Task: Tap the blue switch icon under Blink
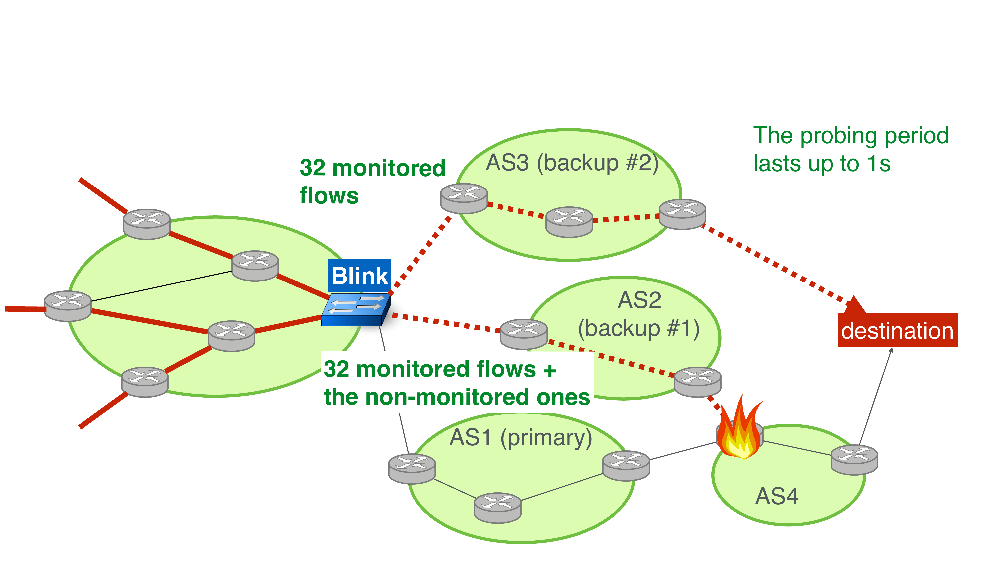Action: [x=355, y=309]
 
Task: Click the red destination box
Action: [x=897, y=330]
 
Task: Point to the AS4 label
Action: [x=776, y=496]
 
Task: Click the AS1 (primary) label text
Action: [x=521, y=438]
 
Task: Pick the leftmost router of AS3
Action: [x=464, y=198]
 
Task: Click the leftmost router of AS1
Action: [x=412, y=468]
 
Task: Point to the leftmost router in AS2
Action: [x=524, y=334]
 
